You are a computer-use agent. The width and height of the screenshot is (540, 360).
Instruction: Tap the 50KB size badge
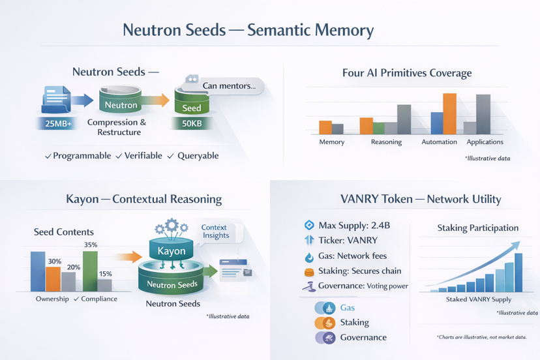192,123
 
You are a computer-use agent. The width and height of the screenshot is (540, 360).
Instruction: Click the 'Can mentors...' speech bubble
228,85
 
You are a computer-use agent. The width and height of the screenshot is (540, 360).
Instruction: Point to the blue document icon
57,100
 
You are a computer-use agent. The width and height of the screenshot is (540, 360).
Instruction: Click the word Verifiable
143,156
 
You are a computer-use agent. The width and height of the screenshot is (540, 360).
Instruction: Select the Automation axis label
439,142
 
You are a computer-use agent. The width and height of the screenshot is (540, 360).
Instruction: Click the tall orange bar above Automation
449,113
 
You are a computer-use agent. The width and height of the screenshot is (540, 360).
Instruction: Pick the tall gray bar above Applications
483,114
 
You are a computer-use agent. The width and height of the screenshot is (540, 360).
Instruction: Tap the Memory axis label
331,142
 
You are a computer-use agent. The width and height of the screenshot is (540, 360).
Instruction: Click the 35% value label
91,245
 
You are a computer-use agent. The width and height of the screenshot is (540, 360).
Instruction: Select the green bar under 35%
90,271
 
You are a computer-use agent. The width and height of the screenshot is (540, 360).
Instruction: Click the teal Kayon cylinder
172,250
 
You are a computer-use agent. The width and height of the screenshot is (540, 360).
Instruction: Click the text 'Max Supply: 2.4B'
354,226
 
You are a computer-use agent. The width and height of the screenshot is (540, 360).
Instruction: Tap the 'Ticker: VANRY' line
348,241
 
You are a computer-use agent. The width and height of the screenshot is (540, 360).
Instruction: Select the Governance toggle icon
325,338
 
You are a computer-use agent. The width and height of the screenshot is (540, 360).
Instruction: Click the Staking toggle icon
325,323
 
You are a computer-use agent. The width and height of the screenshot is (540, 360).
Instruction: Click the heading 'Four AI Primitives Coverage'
407,73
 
